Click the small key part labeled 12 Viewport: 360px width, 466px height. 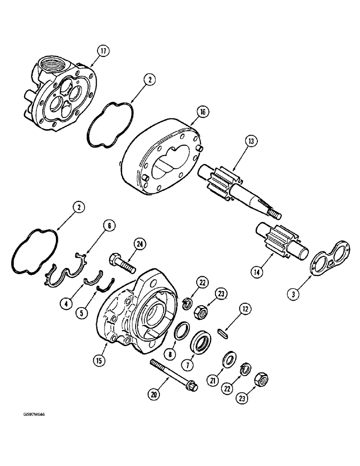(226, 320)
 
